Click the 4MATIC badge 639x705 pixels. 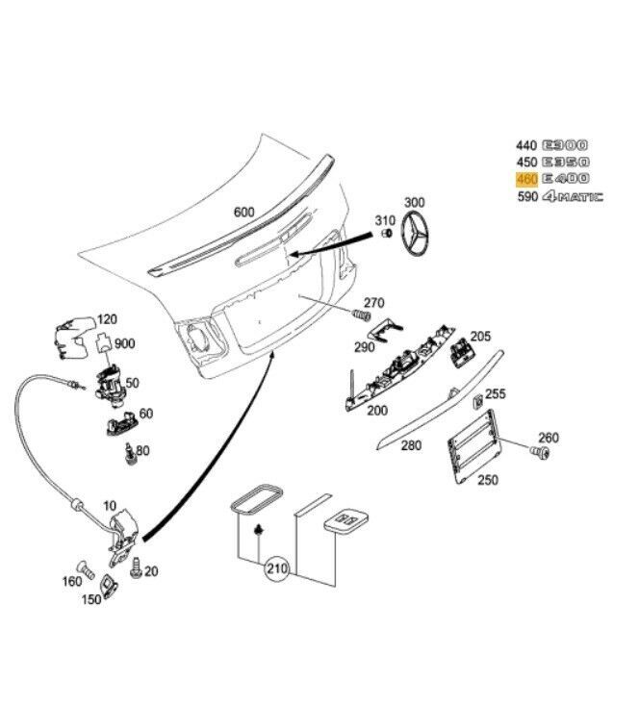[x=573, y=197]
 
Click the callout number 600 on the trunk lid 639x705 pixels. [x=245, y=213]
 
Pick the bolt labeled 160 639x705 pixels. [x=84, y=568]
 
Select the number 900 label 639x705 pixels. [x=125, y=343]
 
